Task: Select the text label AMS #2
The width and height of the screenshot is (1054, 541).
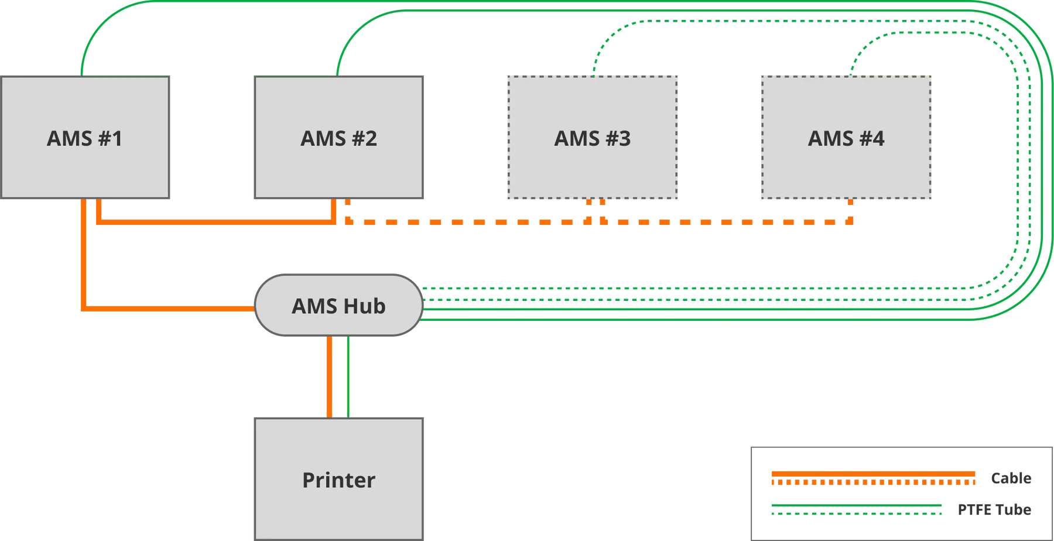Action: tap(338, 139)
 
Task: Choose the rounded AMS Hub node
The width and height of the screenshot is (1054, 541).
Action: tap(338, 306)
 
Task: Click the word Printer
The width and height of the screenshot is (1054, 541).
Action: tap(338, 480)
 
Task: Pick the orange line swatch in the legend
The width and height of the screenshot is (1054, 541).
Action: tap(872, 478)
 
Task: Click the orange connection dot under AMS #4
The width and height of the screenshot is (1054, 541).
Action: tap(850, 204)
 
